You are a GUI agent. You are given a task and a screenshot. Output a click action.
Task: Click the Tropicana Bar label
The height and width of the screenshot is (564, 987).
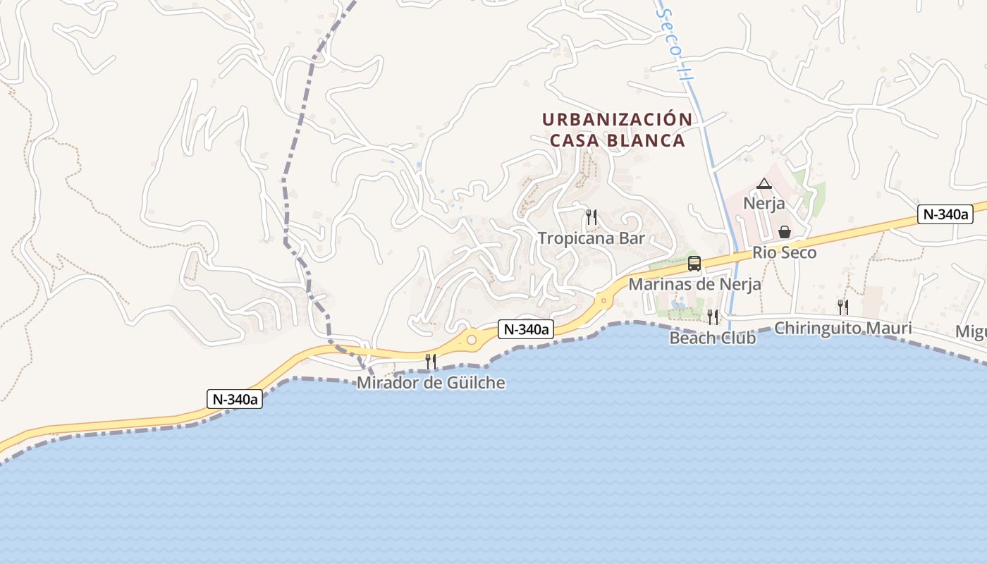591,238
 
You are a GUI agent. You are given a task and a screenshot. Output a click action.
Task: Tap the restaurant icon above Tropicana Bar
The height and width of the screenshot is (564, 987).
591,217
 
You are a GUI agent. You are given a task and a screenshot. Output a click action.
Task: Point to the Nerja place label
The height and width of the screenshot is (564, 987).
764,203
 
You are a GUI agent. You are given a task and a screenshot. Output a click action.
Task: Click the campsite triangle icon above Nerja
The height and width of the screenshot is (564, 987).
764,184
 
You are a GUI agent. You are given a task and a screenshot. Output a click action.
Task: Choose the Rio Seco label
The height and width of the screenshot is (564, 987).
784,252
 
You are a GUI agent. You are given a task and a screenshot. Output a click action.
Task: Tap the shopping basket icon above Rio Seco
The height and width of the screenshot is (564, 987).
784,232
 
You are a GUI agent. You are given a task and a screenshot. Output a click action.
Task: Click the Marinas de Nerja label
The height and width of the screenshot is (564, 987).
694,284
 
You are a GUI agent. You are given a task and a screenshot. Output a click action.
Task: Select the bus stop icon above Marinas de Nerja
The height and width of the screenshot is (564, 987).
694,264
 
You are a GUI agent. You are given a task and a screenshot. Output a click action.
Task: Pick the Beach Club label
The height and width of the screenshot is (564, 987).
713,338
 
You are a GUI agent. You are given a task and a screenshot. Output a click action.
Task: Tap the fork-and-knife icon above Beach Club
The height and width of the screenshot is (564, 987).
713,317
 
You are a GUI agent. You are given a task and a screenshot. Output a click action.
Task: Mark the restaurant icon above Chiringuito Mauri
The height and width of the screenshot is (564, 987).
842,307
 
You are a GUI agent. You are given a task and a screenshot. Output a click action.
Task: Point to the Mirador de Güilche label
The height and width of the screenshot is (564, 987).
431,383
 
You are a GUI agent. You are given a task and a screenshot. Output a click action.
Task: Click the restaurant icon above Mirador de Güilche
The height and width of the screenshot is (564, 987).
431,362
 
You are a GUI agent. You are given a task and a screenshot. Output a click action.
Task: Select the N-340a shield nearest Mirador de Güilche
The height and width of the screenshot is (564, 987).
525,329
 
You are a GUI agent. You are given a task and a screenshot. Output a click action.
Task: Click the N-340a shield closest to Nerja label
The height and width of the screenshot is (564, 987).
945,214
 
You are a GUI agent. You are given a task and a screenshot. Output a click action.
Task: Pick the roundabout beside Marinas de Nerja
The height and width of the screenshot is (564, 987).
603,301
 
